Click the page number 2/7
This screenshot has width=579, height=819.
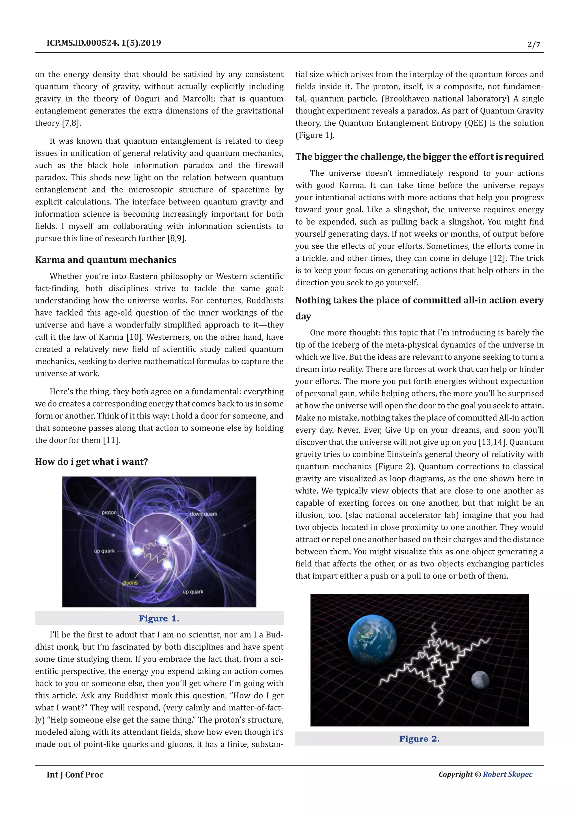tap(534, 44)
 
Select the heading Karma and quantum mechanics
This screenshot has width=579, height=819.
tap(105, 260)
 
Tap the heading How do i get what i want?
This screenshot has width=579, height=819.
tap(91, 462)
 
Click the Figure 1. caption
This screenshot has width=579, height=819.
tap(159, 618)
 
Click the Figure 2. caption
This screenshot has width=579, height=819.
tap(419, 738)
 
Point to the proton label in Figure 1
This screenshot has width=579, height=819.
tap(109, 513)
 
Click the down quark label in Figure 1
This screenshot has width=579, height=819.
tap(203, 514)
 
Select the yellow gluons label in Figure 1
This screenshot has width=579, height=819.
tap(130, 583)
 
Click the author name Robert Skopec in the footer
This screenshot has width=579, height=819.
tap(507, 774)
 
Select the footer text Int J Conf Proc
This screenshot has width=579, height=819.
tap(75, 774)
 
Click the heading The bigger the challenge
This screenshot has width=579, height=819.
tap(419, 157)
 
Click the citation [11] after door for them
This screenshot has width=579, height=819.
tap(111, 440)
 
